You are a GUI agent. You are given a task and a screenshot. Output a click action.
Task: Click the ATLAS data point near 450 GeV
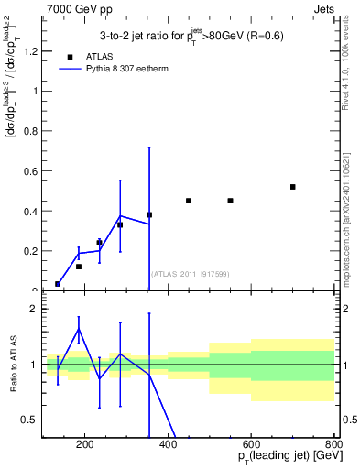pyautogui.click(x=189, y=201)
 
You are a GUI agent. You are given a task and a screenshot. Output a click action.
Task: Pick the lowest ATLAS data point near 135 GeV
pyautogui.click(x=58, y=284)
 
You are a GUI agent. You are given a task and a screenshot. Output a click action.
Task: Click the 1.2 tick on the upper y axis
pyautogui.click(x=32, y=51)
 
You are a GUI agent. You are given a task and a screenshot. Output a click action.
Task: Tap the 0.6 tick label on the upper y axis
pyautogui.click(x=32, y=171)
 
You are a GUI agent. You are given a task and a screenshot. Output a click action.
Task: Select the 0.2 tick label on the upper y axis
pyautogui.click(x=32, y=251)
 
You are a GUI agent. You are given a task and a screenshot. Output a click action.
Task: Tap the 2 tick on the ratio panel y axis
pyautogui.click(x=38, y=310)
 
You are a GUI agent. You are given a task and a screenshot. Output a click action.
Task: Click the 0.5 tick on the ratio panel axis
pyautogui.click(x=32, y=420)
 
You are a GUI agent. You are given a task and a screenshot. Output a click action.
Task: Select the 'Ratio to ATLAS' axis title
pyautogui.click(x=12, y=364)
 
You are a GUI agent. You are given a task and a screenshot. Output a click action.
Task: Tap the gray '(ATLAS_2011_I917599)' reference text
pyautogui.click(x=191, y=273)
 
